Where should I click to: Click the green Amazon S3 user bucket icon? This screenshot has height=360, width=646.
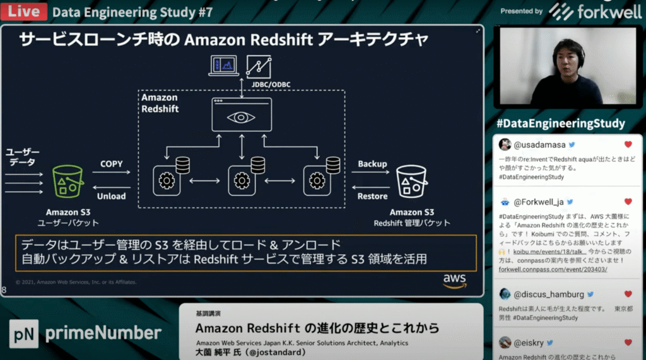[68, 182]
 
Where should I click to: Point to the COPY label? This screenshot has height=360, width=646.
[112, 164]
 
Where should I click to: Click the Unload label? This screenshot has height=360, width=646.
[112, 196]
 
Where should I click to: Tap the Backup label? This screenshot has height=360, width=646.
[372, 164]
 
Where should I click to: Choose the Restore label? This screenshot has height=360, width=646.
[372, 196]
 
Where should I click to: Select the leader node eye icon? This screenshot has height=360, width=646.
[242, 117]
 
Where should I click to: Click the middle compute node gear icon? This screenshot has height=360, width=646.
[242, 181]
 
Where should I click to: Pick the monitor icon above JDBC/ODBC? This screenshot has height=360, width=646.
[224, 66]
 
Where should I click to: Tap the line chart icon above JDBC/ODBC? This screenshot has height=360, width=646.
[259, 66]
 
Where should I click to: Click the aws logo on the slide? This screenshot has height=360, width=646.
[454, 280]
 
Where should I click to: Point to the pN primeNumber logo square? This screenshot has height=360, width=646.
[23, 334]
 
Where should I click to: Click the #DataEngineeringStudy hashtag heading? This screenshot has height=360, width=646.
[561, 124]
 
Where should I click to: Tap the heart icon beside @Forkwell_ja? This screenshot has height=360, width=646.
[628, 202]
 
